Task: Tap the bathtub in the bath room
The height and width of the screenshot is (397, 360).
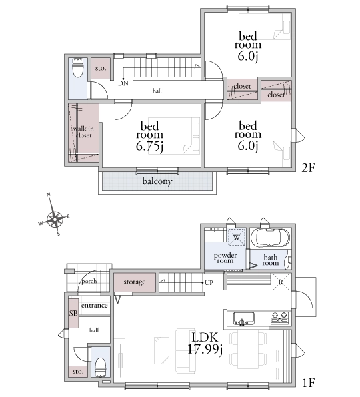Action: tap(270, 238)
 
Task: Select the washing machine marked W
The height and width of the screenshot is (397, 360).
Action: tap(237, 237)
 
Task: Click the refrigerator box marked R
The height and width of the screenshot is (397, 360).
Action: tap(281, 282)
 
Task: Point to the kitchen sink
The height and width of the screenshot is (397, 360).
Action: tap(244, 318)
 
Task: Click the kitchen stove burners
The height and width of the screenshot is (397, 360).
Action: tap(280, 318)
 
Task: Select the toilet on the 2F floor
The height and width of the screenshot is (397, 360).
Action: tap(78, 67)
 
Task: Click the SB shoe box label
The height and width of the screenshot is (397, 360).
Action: tap(73, 314)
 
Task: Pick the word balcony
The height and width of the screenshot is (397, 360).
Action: tap(157, 181)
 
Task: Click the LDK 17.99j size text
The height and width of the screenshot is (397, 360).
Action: tap(205, 344)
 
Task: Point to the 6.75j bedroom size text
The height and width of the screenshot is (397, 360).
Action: tap(149, 147)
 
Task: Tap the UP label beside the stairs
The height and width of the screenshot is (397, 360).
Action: tap(209, 283)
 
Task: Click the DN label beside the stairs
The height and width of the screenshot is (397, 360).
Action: tap(123, 83)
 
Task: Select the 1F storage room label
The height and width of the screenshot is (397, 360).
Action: tap(135, 282)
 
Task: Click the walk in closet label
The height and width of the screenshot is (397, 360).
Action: tap(83, 132)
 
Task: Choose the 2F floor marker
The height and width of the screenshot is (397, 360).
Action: tap(308, 167)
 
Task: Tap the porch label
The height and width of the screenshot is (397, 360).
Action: tap(89, 281)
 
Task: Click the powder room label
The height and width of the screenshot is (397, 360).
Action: tap(225, 258)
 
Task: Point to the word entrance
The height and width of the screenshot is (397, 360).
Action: tap(94, 305)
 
